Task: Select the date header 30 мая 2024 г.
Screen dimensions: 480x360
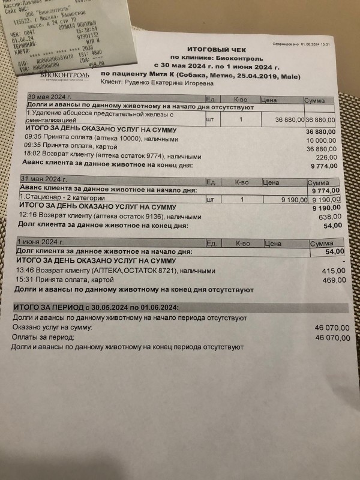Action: point(50,97)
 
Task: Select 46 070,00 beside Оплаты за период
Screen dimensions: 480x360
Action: point(328,338)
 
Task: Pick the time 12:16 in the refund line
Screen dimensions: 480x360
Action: point(28,215)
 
